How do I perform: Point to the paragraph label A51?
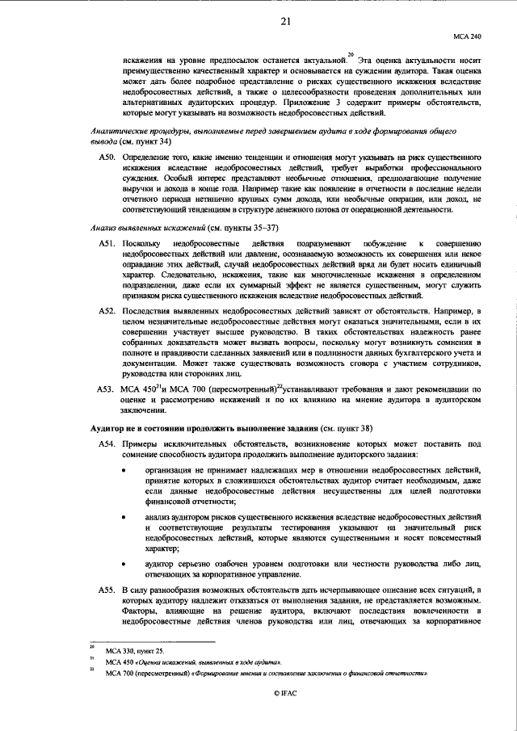tap(107, 242)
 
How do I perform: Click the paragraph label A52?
tap(107, 310)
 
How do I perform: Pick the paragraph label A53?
tap(107, 389)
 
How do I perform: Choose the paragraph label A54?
tap(107, 444)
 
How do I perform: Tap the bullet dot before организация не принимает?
tap(124, 469)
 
